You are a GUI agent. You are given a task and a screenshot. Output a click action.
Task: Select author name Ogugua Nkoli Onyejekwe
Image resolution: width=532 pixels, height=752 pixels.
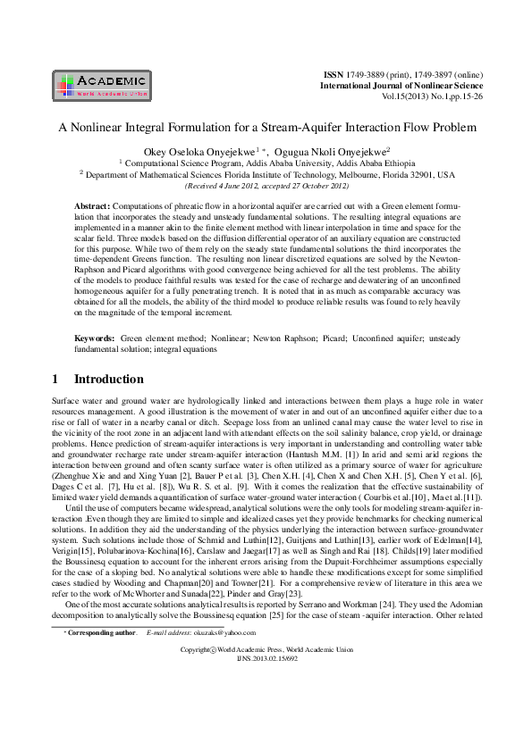click(330, 153)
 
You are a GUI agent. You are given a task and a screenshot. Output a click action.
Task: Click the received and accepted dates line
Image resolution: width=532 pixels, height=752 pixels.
click(266, 186)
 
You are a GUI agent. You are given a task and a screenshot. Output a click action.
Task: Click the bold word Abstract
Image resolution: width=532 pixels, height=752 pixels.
click(91, 205)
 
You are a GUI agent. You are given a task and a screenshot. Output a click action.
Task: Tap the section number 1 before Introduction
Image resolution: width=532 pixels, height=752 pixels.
click(57, 380)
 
